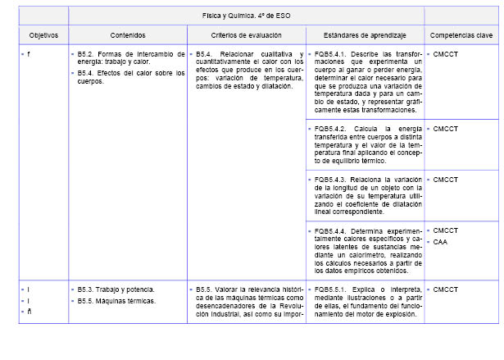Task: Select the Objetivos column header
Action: (43, 36)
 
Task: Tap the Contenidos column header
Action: (128, 36)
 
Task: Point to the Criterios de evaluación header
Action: (246, 36)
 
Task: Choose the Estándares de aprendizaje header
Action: (364, 36)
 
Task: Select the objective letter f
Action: (29, 54)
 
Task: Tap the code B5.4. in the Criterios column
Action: (206, 54)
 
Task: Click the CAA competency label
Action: (440, 242)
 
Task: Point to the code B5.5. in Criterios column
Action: (206, 289)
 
